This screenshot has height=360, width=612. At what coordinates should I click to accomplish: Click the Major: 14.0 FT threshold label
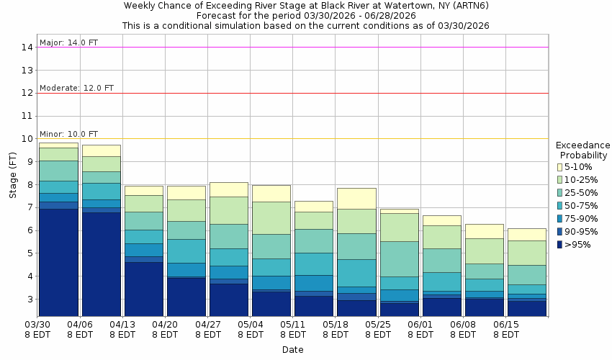68,42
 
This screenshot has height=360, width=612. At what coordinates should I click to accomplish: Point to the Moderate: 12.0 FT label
76,88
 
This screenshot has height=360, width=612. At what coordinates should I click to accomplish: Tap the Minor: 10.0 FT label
68,134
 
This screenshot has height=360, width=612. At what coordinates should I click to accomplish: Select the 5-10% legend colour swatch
560,166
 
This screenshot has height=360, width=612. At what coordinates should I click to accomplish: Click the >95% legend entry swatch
560,244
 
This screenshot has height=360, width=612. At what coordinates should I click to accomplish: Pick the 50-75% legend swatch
560,205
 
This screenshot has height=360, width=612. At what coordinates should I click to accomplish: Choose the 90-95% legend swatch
560,231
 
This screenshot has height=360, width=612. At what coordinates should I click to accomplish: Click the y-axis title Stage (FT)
12,176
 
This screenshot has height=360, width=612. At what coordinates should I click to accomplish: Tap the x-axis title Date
292,350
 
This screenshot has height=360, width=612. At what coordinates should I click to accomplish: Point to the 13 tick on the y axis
27,71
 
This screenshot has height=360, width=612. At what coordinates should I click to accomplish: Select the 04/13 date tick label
122,325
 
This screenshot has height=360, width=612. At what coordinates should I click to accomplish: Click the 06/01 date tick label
420,325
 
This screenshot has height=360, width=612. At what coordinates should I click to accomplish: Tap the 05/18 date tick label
335,325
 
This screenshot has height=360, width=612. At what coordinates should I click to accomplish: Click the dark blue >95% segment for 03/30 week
58,262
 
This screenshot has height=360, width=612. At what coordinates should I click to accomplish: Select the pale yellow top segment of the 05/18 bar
356,198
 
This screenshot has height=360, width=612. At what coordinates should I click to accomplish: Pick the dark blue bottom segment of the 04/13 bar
143,289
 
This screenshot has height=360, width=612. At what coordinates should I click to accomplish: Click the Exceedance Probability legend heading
583,150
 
